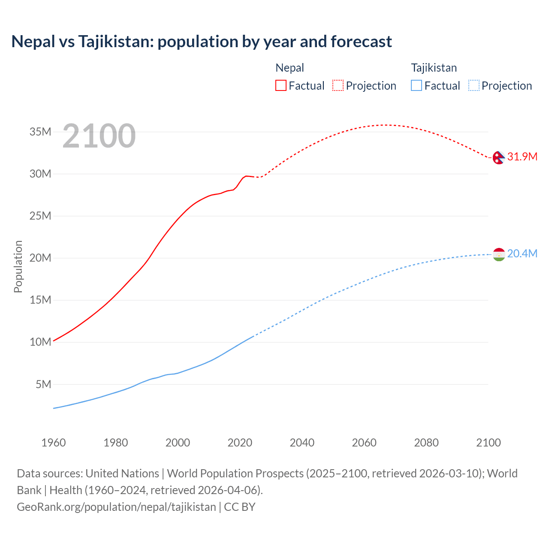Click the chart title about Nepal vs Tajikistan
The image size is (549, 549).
tap(202, 42)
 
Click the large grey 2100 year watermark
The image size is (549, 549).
tap(99, 136)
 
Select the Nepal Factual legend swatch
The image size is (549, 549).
tap(281, 86)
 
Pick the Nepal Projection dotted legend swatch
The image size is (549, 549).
tap(338, 86)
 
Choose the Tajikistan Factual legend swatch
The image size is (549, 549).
tap(416, 86)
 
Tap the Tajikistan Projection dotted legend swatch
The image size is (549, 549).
tap(474, 86)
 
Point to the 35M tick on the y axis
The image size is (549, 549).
tap(40, 132)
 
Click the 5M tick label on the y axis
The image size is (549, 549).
tap(43, 384)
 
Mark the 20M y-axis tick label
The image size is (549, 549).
tap(40, 258)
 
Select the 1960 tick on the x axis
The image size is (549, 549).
tap(54, 443)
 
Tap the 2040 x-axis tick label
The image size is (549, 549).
tap(302, 443)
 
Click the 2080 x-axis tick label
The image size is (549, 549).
tap(426, 443)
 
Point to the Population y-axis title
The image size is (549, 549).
tap(18, 266)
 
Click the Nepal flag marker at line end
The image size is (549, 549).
tap(498, 157)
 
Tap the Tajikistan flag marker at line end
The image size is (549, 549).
tap(498, 254)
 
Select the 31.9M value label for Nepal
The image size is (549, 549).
tap(522, 157)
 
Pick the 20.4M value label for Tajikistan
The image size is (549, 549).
tap(522, 253)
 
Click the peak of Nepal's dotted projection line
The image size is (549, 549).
tap(386, 125)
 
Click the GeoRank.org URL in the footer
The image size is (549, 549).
tap(116, 507)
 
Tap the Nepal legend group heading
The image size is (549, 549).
tap(290, 68)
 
